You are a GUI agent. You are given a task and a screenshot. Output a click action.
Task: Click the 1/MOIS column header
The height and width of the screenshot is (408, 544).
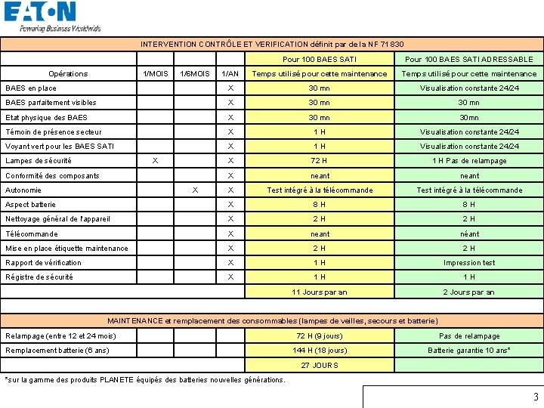[x=156, y=73]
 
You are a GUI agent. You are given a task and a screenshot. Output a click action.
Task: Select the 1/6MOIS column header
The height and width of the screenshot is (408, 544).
[x=195, y=73]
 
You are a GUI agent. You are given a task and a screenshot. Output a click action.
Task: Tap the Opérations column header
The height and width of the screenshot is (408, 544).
[x=68, y=73]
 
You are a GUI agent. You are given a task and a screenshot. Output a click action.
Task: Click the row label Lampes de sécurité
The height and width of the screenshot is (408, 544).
[x=39, y=161]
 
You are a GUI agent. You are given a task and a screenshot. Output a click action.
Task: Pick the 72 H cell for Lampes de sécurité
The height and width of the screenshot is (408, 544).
[x=320, y=161]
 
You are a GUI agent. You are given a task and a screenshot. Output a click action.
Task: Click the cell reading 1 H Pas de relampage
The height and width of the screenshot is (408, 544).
[x=468, y=161]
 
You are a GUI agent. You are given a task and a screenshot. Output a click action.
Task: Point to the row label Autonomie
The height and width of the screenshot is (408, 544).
[x=23, y=190]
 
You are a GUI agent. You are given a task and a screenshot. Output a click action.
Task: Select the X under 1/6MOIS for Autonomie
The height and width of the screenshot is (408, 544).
[x=195, y=190]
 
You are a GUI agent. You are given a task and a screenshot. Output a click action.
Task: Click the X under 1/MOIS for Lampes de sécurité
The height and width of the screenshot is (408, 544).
[x=155, y=161]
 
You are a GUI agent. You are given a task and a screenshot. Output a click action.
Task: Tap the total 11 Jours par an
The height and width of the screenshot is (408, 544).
[x=320, y=292]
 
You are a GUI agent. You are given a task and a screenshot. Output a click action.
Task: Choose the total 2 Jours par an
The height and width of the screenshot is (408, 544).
[x=468, y=292]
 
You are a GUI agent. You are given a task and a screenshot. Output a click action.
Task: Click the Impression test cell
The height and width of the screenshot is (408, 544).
[x=468, y=263]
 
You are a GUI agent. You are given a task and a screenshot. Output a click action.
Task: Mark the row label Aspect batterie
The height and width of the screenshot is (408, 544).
[x=31, y=205]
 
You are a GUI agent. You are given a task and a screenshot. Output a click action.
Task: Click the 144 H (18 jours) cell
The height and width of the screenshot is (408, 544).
[x=320, y=351]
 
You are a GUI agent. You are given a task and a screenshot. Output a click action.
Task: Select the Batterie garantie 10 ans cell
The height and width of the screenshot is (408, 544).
[x=468, y=351]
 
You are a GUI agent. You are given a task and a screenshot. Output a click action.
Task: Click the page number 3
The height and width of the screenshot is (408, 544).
[x=536, y=397]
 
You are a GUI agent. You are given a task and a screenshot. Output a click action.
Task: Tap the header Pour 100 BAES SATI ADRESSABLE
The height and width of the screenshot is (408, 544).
[x=468, y=59]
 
